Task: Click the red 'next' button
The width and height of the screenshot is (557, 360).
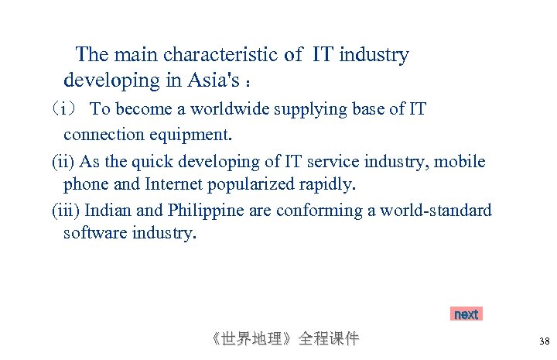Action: (466, 314)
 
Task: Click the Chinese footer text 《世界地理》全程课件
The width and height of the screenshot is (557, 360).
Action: (285, 338)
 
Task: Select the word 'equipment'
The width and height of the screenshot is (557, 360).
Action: (191, 135)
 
